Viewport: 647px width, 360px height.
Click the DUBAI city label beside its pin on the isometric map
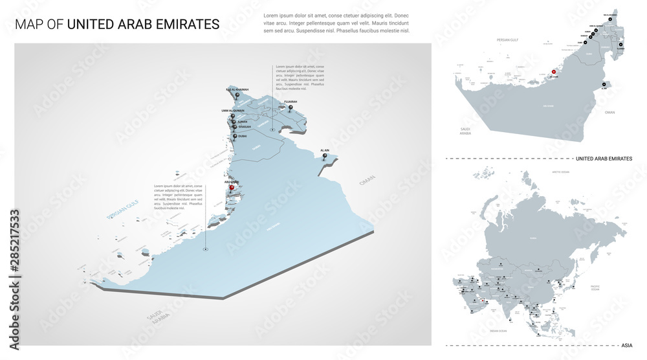tap(242, 136)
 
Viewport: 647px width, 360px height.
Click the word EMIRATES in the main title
tap(187, 25)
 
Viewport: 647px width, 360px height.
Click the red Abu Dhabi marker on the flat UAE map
tap(553, 73)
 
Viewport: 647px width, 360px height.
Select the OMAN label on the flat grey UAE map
tap(609, 112)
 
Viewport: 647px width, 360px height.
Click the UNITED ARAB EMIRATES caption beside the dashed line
tap(603, 158)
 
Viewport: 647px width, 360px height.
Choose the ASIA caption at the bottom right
tap(626, 345)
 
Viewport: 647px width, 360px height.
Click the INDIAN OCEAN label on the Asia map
tap(498, 331)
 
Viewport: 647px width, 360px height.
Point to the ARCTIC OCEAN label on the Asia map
tap(560, 172)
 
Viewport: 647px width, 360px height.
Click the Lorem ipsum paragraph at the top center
tap(336, 23)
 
